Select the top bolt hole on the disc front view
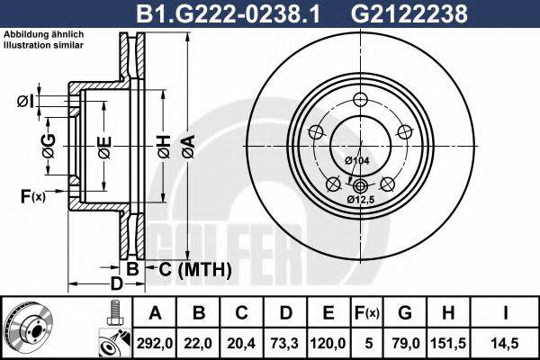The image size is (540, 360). point(361,101)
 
